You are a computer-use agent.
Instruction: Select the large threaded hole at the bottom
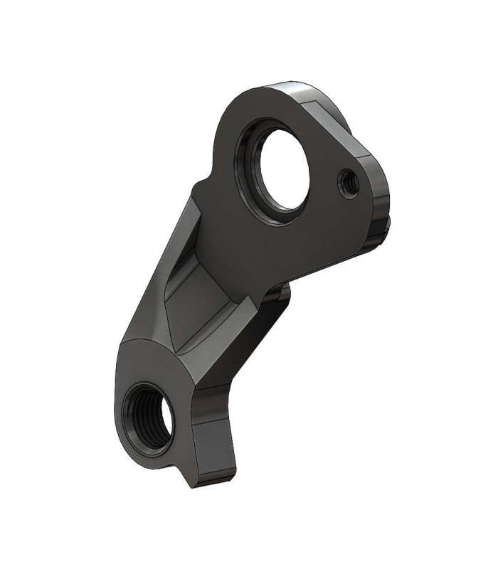point(149,419)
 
